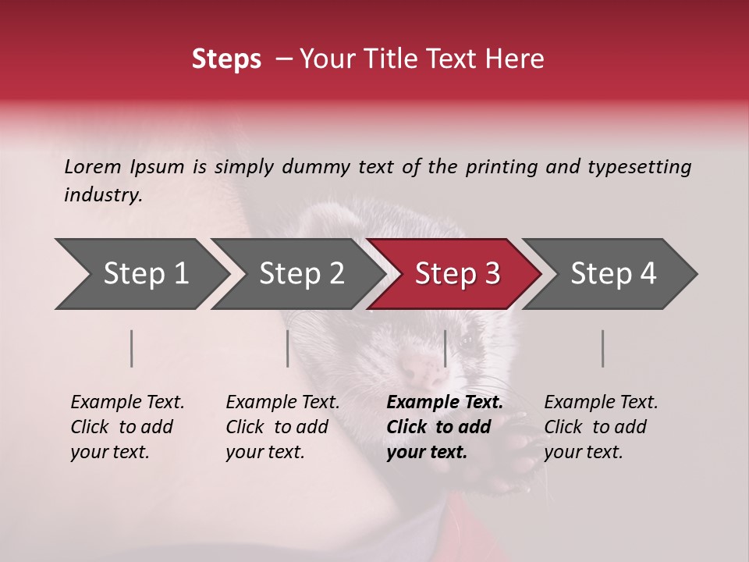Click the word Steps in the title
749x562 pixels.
[226, 59]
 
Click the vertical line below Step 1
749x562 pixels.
[132, 348]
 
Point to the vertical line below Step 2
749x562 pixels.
[288, 348]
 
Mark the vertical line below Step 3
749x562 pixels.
[445, 348]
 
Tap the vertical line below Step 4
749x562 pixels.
[603, 348]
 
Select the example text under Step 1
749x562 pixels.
[126, 427]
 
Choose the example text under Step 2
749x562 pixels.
[282, 427]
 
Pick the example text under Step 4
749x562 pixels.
[600, 427]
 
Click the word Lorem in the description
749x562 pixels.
[92, 167]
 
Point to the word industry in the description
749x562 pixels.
[102, 195]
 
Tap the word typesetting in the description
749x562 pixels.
[639, 167]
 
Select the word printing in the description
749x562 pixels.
[494, 167]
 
